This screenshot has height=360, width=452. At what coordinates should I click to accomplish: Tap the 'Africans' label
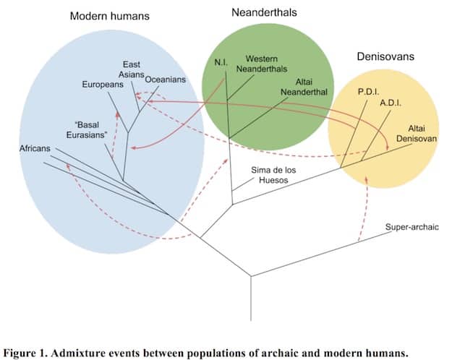(35, 148)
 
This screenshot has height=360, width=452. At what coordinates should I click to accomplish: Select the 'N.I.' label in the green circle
(221, 62)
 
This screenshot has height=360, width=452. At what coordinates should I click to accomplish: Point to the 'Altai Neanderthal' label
(304, 87)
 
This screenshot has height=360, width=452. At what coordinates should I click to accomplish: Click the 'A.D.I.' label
(391, 103)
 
